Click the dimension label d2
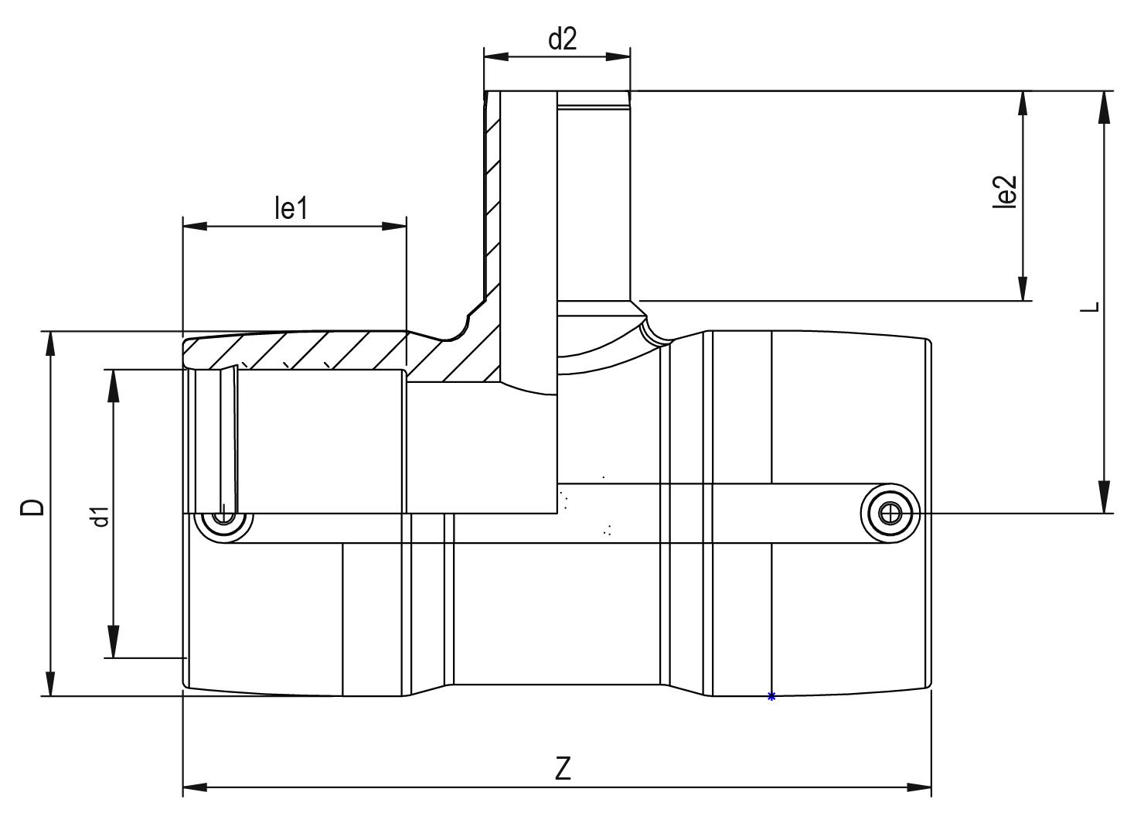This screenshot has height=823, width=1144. (x=563, y=39)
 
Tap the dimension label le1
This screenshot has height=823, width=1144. (x=291, y=208)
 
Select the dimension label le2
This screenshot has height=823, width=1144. (x=1004, y=192)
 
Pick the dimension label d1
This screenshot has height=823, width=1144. (x=100, y=516)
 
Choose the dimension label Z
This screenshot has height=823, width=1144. (x=563, y=769)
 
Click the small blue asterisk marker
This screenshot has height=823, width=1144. (x=771, y=697)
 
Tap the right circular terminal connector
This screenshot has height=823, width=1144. (x=890, y=513)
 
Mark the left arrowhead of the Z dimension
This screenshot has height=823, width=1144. (x=195, y=787)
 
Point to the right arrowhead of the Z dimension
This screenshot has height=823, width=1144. (x=920, y=787)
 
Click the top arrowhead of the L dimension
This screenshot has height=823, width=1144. (x=1105, y=107)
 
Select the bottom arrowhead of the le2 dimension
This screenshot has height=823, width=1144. (x=1023, y=288)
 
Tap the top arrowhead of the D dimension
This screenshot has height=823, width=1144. (x=50, y=344)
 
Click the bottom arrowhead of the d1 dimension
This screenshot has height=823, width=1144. (x=114, y=642)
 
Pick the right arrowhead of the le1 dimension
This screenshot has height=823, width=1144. (x=394, y=226)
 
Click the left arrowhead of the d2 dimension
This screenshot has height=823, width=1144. (x=496, y=56)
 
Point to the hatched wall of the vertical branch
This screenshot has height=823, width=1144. (x=492, y=193)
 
